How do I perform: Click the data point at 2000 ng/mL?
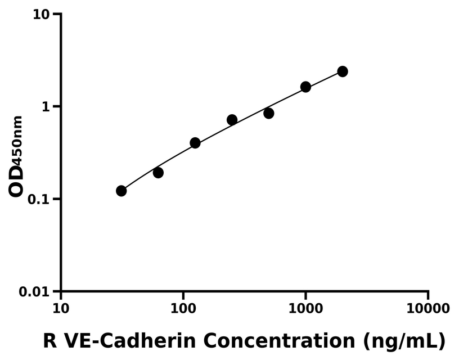click(x=342, y=71)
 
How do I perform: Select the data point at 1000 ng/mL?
click(x=305, y=87)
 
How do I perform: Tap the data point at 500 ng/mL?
click(x=268, y=113)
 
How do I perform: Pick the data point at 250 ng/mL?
click(x=232, y=120)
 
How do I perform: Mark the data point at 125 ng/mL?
click(x=195, y=143)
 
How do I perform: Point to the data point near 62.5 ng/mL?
click(x=158, y=173)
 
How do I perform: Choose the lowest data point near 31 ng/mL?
click(x=121, y=191)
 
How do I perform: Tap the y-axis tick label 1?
click(x=47, y=107)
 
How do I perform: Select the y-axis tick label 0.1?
click(x=40, y=199)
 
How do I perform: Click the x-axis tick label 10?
click(x=61, y=309)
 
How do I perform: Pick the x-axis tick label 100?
click(x=183, y=309)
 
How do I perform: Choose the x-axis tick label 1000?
click(x=305, y=309)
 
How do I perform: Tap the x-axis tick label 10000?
click(x=428, y=309)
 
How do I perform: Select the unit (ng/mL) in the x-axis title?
click(x=404, y=341)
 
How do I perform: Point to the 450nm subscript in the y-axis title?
click(x=17, y=141)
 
